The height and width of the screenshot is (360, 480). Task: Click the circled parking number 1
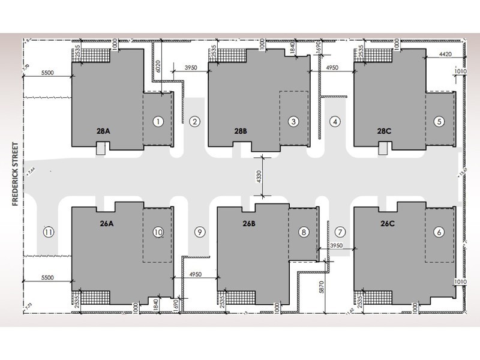point(158,121)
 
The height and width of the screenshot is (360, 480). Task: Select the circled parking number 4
point(335,121)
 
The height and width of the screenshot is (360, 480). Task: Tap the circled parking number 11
point(49,232)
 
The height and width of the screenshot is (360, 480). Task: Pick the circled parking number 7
point(340,232)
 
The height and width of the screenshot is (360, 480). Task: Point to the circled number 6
point(439,232)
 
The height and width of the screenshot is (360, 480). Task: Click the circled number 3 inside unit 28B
point(293,121)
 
